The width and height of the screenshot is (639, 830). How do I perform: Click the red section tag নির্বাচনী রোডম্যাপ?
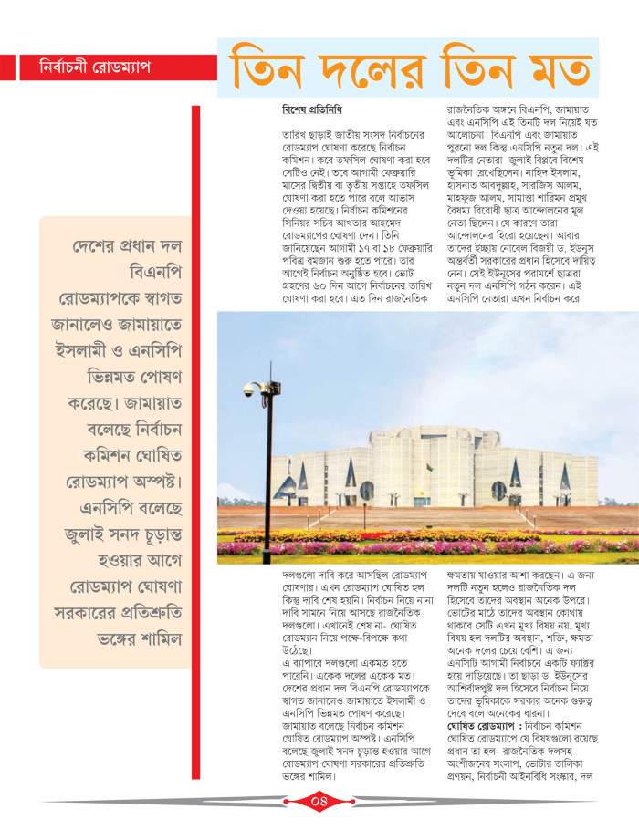pyautogui.click(x=95, y=68)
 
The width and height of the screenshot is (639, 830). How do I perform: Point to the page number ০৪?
pyautogui.click(x=318, y=803)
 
